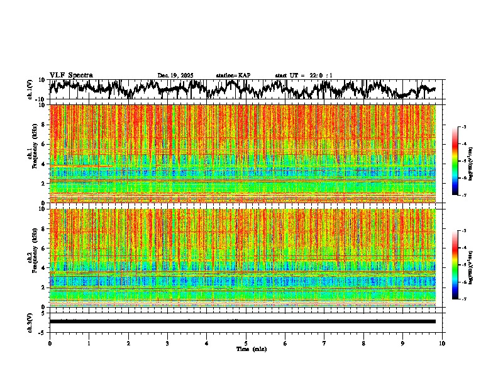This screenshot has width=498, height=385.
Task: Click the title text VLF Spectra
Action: tap(71, 75)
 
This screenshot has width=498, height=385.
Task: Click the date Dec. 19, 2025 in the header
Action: tap(175, 75)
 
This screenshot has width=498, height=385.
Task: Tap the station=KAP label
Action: tap(233, 75)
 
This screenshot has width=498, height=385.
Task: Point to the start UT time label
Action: tap(304, 75)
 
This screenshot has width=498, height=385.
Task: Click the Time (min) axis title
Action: tap(251, 349)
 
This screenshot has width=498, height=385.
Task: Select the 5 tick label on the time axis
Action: tap(246, 343)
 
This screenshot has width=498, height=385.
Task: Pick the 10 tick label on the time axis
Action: tap(442, 343)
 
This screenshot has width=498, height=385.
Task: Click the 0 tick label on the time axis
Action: tap(50, 343)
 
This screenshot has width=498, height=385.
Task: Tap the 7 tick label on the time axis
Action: tap(324, 343)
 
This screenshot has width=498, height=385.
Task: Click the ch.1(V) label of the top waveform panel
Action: tap(30, 89)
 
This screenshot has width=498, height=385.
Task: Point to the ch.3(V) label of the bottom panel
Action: tap(30, 321)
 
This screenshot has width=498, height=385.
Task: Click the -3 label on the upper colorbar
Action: tap(464, 127)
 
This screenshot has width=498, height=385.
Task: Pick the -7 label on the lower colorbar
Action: tap(464, 299)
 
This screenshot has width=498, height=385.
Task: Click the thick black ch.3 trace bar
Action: tap(242, 321)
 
